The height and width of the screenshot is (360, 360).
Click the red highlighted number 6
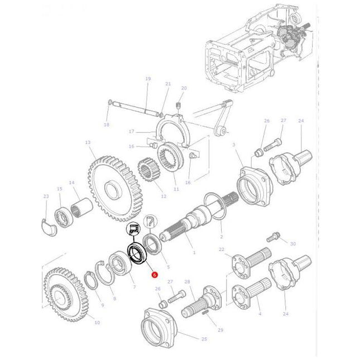(155, 275)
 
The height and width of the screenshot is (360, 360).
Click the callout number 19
(148, 79)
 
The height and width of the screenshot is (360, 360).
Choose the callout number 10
(98, 323)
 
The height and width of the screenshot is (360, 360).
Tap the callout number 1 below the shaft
(194, 253)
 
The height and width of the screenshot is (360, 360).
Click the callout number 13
(88, 142)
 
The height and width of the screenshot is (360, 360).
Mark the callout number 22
(222, 249)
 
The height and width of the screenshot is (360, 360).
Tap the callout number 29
(220, 330)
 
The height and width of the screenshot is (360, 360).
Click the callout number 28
(187, 281)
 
